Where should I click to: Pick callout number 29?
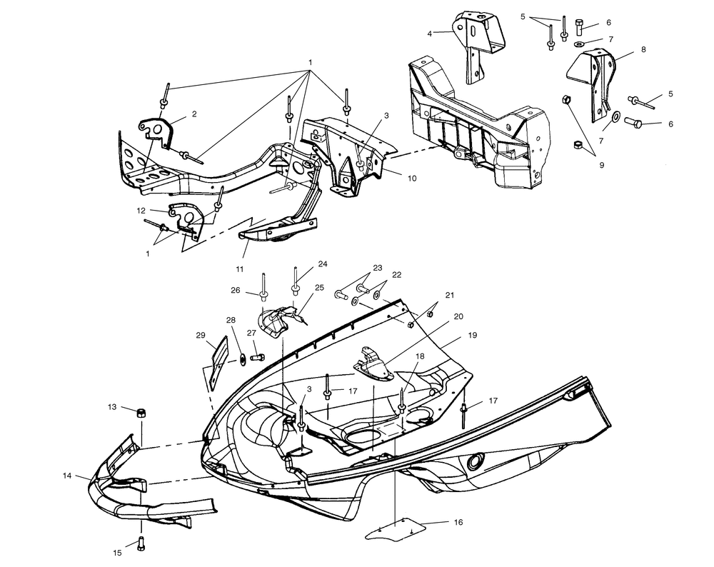(201, 334)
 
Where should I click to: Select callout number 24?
(323, 264)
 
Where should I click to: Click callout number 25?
(319, 287)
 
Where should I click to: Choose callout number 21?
(450, 295)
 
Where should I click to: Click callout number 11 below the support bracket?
(240, 269)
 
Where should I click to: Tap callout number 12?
(141, 210)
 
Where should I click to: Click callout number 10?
(412, 179)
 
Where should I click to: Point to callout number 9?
(601, 165)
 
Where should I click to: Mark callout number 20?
(458, 316)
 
